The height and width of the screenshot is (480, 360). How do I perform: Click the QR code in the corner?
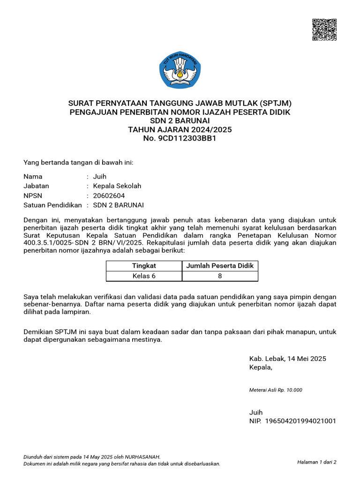coord(324,30)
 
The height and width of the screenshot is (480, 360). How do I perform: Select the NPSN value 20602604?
coord(109,195)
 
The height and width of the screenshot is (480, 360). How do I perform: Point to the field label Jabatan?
coord(36,186)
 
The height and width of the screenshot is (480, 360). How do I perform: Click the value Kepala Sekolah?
coord(117,186)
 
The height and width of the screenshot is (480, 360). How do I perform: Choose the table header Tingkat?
coord(144,266)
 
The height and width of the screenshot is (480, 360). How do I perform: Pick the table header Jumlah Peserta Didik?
coord(220,266)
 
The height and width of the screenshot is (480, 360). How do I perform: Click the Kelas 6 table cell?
coord(144,276)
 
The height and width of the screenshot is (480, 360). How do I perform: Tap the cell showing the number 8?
coord(220,276)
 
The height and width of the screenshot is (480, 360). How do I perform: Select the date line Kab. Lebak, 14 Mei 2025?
coord(287,359)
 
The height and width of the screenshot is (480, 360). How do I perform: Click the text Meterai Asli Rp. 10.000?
coord(276,390)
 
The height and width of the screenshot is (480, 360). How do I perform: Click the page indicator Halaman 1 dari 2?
coord(316,462)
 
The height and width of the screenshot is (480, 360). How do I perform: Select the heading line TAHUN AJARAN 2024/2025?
coord(180,129)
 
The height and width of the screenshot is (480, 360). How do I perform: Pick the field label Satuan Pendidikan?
coord(52,205)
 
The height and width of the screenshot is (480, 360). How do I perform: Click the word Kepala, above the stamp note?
coord(261,367)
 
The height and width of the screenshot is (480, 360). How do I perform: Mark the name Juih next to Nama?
coord(100,177)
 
